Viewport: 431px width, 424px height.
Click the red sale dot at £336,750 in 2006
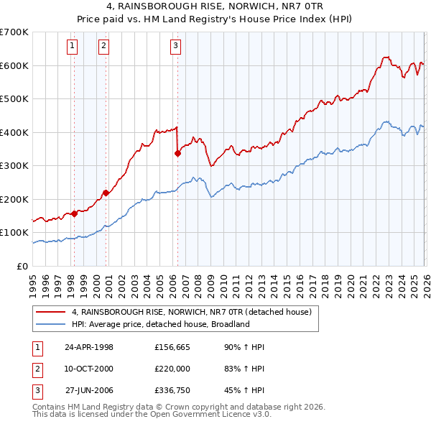pos(177,153)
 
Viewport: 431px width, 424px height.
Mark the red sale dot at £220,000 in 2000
pos(106,192)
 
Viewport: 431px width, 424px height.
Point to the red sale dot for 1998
pos(74,213)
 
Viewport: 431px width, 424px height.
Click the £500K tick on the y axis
pos(14,99)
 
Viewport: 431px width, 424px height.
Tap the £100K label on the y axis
pos(14,233)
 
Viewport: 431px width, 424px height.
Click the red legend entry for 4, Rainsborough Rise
pos(190,313)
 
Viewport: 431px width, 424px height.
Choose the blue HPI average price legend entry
pos(159,324)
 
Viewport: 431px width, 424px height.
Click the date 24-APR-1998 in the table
pos(89,347)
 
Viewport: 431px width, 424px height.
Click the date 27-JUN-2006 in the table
pos(89,391)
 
